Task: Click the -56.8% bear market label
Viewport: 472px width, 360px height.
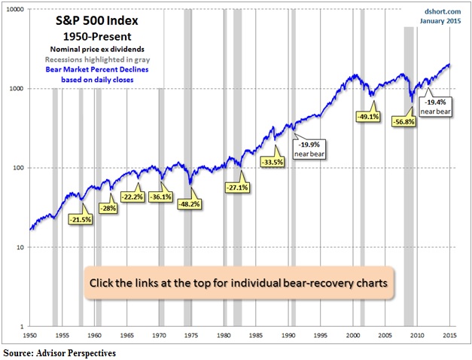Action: [x=403, y=121]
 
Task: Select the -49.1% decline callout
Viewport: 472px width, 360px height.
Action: [x=367, y=116]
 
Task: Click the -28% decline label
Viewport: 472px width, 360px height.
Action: [x=108, y=208]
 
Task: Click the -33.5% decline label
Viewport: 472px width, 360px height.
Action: [x=273, y=161]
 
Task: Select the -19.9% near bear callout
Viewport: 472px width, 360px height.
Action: [x=308, y=148]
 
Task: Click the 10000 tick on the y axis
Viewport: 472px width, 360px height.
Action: [x=14, y=10]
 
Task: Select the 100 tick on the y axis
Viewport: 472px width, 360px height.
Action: [x=18, y=168]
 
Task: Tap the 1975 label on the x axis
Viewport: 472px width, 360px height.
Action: [x=192, y=334]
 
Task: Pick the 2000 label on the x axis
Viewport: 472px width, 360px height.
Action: [x=353, y=334]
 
